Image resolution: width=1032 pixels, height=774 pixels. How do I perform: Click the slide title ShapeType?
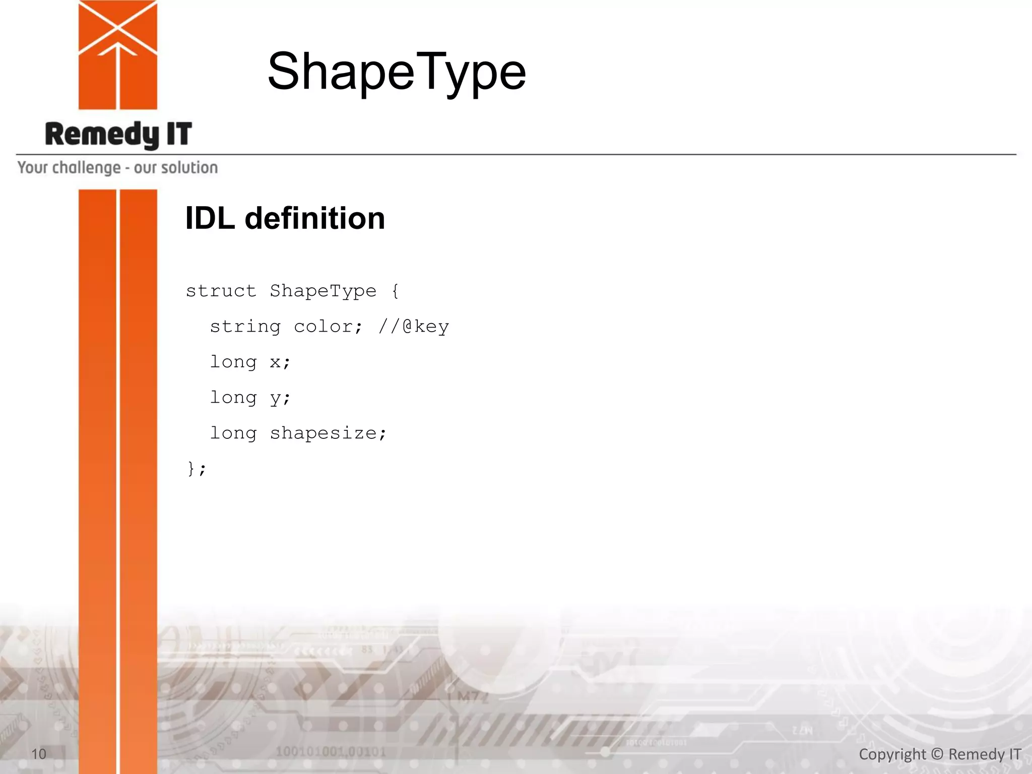pos(397,72)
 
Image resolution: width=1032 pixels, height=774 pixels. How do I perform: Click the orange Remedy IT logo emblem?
pos(118,54)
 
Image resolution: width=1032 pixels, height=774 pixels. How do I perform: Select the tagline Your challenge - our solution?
pos(118,168)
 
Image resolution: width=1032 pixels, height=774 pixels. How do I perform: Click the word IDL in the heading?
pos(210,219)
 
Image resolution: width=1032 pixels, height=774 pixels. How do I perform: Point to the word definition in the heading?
pos(315,219)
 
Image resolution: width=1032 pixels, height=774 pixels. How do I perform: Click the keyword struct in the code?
pos(221,291)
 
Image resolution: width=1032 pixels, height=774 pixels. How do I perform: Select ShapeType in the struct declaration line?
pos(323,291)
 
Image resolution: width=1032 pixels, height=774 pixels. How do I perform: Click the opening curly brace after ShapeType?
pos(396,291)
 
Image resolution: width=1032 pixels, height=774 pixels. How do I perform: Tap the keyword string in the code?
pos(245,327)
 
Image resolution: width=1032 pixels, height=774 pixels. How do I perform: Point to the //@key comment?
pos(414,327)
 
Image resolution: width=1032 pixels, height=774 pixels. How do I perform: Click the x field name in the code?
pos(276,362)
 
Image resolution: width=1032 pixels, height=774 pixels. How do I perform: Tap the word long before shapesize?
pos(233,433)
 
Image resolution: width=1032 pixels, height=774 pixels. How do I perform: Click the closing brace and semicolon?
pos(196,469)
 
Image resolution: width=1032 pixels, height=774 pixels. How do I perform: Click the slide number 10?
pos(39,754)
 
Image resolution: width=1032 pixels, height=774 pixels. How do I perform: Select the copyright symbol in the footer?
pos(937,754)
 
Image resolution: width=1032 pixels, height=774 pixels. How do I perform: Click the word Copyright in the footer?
pos(892,754)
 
